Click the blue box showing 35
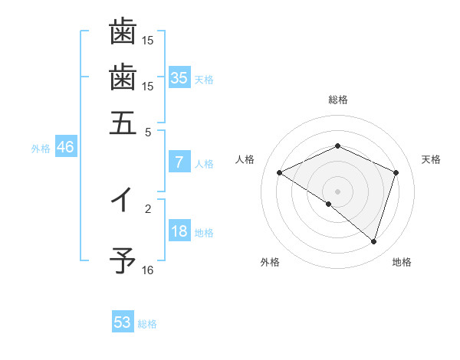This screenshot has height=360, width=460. click(179, 77)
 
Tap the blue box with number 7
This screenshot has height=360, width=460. click(179, 162)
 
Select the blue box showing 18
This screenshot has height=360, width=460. click(179, 232)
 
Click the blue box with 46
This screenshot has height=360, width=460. click(65, 148)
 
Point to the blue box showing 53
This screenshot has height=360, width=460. click(123, 322)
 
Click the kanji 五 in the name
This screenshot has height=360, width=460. click(123, 122)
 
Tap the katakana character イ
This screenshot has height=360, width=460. click(123, 201)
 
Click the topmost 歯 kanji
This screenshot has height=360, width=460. click(123, 32)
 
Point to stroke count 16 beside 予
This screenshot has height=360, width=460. click(148, 270)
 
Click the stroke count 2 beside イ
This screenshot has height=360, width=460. click(148, 208)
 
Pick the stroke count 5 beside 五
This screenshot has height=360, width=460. click(148, 131)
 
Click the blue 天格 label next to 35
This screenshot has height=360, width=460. click(204, 79)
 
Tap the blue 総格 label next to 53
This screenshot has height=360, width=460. click(147, 324)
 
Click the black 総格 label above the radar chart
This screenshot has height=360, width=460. click(337, 100)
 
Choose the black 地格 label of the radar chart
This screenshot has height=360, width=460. click(402, 263)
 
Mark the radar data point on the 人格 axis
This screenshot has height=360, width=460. click(280, 173)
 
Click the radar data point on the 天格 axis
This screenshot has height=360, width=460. click(396, 173)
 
